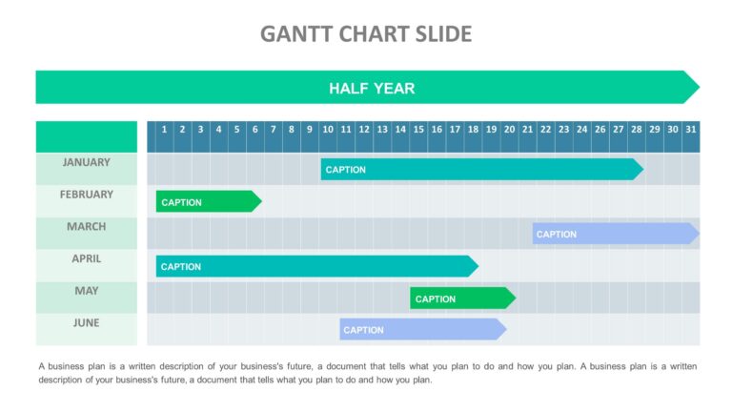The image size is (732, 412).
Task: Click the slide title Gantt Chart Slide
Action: [366, 34]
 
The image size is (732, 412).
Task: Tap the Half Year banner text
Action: [372, 88]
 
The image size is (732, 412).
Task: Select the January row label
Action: [86, 162]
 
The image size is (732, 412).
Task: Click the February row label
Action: [86, 195]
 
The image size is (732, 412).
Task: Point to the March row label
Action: [86, 227]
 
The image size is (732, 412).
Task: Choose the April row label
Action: [86, 258]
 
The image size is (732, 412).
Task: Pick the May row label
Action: [86, 291]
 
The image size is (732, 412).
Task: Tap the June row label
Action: [86, 323]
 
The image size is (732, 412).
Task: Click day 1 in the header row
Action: [165, 130]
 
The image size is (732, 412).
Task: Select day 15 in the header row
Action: [417, 130]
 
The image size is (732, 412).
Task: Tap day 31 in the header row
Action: [690, 130]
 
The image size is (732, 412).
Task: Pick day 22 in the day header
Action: [545, 130]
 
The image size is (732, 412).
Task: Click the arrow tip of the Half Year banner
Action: [693, 87]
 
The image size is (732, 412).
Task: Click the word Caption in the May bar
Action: [436, 299]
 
